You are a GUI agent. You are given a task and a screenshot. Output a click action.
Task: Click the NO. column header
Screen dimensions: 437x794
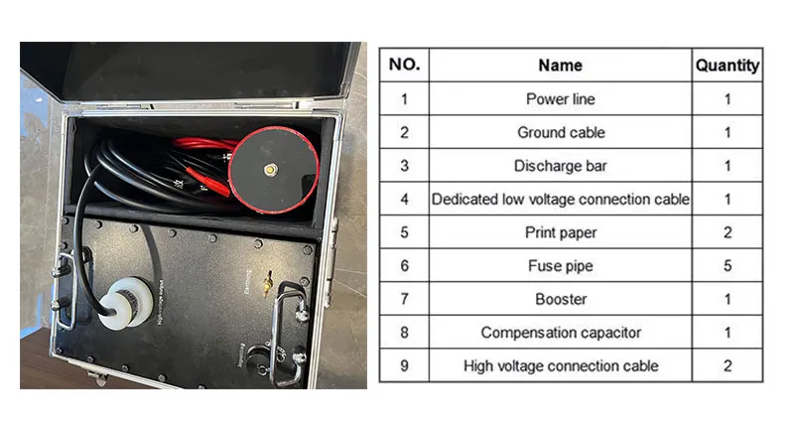[x=404, y=66]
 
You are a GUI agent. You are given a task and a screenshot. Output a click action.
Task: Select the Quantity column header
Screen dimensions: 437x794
[x=727, y=66]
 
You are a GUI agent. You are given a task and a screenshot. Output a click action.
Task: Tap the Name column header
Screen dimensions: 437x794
[x=560, y=66]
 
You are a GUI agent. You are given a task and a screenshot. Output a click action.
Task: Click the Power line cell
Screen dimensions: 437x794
[x=560, y=99]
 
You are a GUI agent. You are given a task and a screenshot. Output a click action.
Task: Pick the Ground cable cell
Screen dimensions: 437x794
[x=560, y=132]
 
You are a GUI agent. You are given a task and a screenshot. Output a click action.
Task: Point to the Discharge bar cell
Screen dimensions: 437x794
[x=560, y=166]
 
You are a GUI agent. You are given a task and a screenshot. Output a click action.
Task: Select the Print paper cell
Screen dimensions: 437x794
[x=560, y=232]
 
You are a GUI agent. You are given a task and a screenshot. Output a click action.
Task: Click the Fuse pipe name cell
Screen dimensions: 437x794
[x=560, y=266]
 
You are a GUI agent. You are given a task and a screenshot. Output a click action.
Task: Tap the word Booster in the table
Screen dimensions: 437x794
[x=560, y=299]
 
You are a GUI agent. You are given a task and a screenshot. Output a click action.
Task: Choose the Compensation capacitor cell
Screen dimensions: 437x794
[x=560, y=333]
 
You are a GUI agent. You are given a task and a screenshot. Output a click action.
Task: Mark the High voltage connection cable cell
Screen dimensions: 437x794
[x=560, y=365]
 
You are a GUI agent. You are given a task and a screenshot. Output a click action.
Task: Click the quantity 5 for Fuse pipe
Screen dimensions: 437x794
[x=727, y=266]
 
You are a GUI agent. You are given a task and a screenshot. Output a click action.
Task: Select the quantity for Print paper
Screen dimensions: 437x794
[x=727, y=232]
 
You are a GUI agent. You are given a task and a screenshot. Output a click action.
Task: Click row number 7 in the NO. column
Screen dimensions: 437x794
[x=404, y=299]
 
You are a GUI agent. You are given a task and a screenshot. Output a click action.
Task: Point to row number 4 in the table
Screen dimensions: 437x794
[x=404, y=200]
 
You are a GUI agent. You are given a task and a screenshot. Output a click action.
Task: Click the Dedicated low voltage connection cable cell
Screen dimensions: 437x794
[x=560, y=200]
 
